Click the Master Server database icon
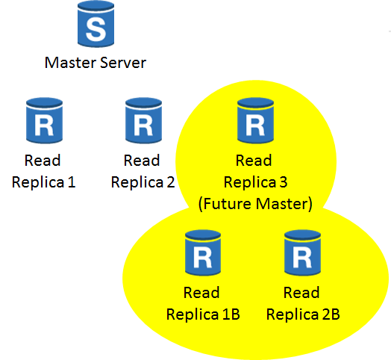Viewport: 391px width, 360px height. click(x=96, y=24)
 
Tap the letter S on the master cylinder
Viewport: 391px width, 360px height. click(x=96, y=30)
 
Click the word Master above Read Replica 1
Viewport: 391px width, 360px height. click(x=71, y=63)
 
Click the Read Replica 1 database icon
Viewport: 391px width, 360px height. click(x=44, y=120)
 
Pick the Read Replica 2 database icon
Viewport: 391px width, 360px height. click(x=143, y=120)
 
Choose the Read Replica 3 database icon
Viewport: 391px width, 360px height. click(x=256, y=120)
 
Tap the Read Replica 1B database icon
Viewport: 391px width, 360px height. click(x=203, y=252)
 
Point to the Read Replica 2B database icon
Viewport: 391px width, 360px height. click(x=302, y=252)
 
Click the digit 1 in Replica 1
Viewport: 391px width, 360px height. click(x=72, y=182)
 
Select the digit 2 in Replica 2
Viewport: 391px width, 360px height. click(x=171, y=182)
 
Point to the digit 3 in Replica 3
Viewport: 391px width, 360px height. click(x=284, y=182)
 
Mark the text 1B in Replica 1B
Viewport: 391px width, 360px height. click(x=231, y=314)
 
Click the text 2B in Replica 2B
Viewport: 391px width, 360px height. click(x=331, y=314)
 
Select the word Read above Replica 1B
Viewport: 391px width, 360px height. click(x=201, y=292)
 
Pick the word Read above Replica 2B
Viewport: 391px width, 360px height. click(x=301, y=292)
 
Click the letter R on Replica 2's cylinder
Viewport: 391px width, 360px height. click(x=143, y=125)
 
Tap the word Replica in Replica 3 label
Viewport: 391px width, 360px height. click(x=250, y=182)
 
